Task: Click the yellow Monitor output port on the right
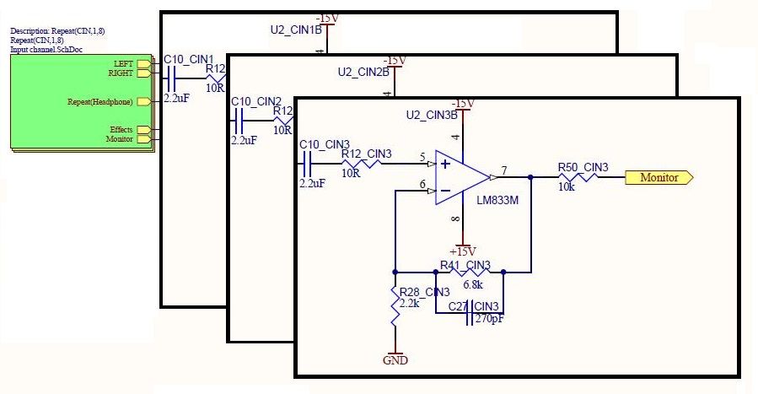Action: coord(659,178)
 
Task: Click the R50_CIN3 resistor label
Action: coord(583,167)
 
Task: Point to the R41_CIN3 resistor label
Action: coord(465,265)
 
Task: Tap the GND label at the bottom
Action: coord(395,359)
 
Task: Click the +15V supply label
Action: coord(463,251)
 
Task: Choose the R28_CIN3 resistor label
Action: coord(426,292)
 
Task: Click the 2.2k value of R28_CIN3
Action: coord(411,304)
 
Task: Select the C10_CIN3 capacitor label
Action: coord(325,143)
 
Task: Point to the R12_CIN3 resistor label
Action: coord(367,154)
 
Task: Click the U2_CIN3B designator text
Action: coord(432,114)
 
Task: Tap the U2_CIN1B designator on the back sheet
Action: coord(296,30)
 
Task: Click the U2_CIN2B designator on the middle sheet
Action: coord(363,72)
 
